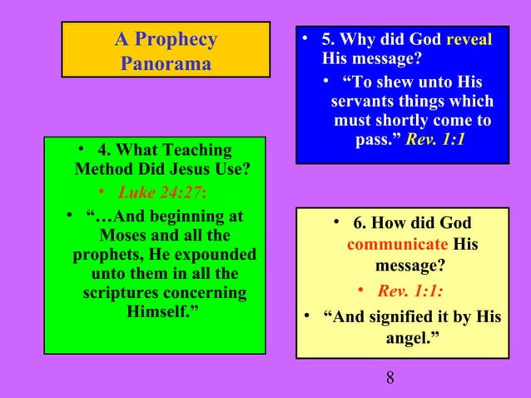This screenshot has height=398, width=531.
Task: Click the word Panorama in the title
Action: [x=166, y=63]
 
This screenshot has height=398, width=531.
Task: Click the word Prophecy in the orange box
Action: [x=176, y=39]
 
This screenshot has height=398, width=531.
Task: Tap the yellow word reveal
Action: [x=469, y=40]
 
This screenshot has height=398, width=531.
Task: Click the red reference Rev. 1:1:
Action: [x=409, y=291]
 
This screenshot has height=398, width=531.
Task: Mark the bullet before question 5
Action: [x=306, y=37]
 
